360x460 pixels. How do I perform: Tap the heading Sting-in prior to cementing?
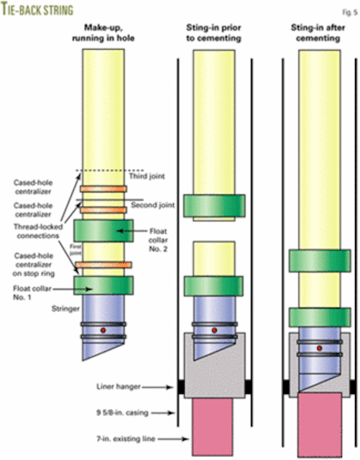213,33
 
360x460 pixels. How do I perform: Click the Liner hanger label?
126,387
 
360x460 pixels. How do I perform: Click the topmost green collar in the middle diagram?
213,206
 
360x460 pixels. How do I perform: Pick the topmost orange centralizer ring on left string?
103,190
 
